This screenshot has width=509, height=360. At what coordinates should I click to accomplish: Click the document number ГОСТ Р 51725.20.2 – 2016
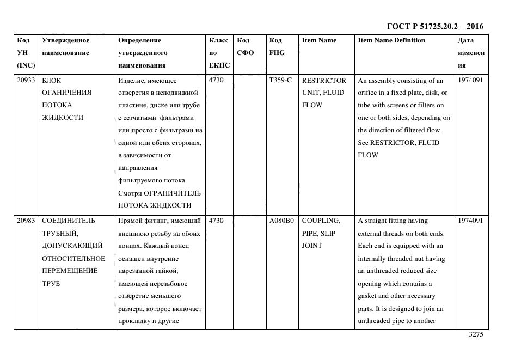point(434,26)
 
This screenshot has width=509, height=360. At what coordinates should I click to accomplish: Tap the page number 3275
point(475,335)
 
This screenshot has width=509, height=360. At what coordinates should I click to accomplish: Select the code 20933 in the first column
point(26,80)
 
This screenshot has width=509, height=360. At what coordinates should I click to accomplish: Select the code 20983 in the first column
point(26,221)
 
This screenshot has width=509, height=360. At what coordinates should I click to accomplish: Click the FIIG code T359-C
point(280,80)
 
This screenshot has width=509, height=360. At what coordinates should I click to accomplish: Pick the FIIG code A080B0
point(281,221)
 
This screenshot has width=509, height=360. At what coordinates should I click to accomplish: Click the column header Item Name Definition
point(391,40)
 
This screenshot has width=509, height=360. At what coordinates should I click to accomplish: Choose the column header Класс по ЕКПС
point(219,53)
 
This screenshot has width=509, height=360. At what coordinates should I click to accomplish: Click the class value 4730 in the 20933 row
point(217,80)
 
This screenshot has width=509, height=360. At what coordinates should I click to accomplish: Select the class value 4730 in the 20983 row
point(217,221)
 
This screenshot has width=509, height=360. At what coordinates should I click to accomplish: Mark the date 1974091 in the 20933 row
point(471,80)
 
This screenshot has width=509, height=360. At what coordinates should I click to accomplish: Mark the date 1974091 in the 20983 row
point(471,221)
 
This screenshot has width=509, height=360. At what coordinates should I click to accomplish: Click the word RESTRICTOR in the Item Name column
point(324,80)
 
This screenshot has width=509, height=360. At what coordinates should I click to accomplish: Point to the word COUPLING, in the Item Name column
point(321,221)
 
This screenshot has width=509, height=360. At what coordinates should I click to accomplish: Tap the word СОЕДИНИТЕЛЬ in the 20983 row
point(69,221)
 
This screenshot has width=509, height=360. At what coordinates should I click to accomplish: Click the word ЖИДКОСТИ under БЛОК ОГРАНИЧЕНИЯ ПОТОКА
point(63,118)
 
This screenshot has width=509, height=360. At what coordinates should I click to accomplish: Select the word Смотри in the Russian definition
point(130,193)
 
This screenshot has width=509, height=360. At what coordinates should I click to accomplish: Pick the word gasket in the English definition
point(368,296)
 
